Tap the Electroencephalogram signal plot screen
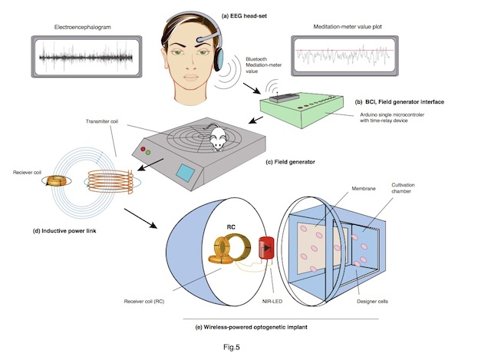pos(84,58)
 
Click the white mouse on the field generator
pos(218,138)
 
